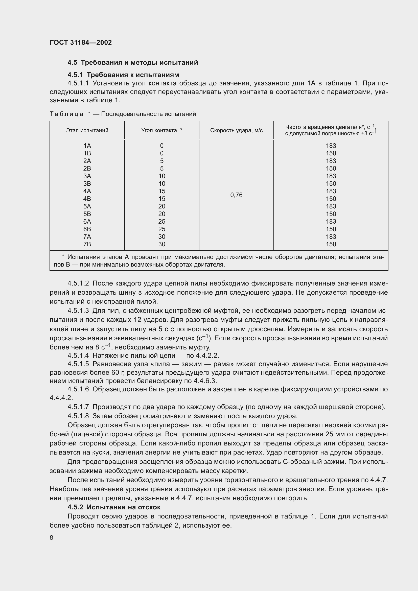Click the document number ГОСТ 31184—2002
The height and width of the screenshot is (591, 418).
(81, 42)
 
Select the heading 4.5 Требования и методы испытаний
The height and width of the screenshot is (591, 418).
(133, 63)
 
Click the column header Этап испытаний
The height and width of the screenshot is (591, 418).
(87, 130)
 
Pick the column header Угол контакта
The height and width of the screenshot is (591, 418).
(161, 130)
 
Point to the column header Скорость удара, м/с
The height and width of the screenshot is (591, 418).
(236, 130)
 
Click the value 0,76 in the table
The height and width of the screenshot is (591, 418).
(236, 195)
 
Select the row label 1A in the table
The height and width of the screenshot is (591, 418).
(87, 146)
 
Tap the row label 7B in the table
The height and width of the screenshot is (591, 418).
(87, 244)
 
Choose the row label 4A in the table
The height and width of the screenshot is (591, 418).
(87, 191)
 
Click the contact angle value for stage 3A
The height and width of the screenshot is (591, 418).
(161, 176)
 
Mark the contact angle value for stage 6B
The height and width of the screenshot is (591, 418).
(161, 229)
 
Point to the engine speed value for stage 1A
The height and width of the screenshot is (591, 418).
(331, 146)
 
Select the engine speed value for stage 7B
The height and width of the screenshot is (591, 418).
(331, 244)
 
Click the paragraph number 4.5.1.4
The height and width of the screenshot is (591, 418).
(78, 356)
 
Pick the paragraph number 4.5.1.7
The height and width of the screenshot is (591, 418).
(78, 407)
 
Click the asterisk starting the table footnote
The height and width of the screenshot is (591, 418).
(63, 257)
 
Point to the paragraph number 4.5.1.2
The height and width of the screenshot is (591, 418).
(78, 283)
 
